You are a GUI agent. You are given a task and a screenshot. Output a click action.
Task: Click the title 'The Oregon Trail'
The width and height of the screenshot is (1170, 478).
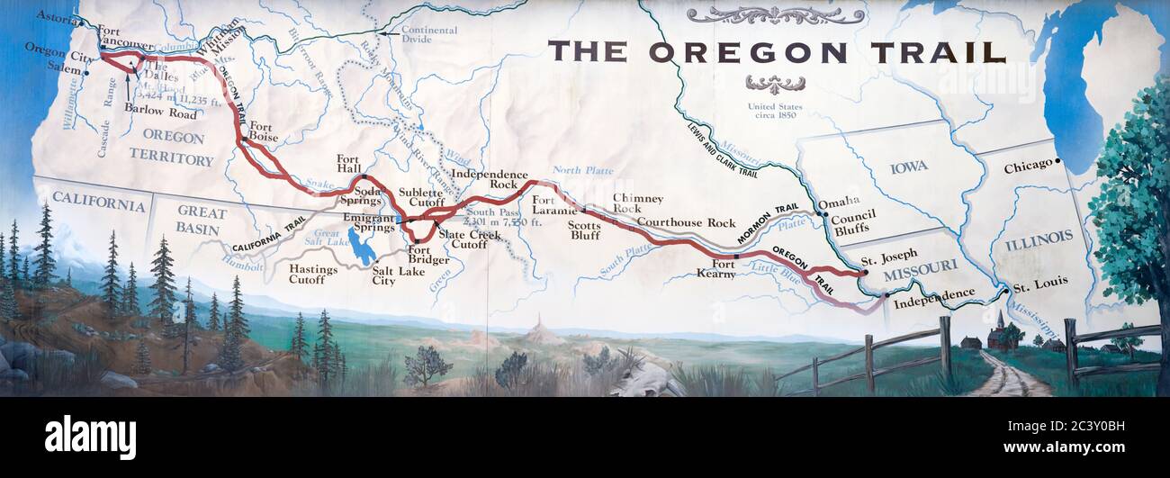pos(776,52)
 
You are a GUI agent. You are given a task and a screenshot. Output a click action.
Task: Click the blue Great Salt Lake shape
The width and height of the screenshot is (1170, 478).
pos(361,247)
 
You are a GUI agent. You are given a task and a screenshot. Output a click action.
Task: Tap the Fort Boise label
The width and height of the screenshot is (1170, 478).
pos(263,131)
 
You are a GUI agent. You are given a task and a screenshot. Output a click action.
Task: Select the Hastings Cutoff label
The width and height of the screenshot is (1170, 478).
pos(313,274)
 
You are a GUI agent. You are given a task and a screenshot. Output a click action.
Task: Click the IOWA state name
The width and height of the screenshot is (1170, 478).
pos(908,167)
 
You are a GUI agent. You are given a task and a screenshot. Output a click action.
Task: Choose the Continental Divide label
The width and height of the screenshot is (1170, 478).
pos(428,35)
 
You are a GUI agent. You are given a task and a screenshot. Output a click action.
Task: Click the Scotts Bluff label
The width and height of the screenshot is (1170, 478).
pos(584,230)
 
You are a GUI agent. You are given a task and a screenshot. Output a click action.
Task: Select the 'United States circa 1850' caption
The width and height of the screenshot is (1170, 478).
pos(775,111)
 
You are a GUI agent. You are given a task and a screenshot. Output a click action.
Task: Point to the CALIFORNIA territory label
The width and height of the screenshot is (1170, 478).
pos(98,203)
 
